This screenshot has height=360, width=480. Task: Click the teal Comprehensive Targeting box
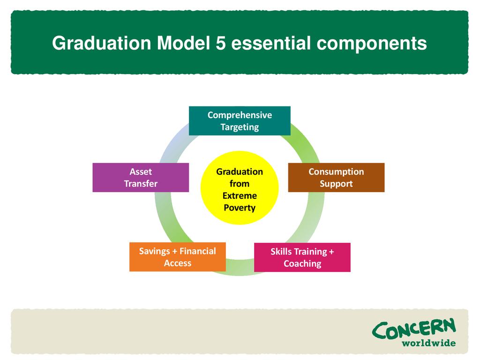click(240, 121)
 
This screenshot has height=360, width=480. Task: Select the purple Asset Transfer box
click(141, 178)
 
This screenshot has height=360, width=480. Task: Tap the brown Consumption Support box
click(336, 178)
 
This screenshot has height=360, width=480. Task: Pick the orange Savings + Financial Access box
click(178, 257)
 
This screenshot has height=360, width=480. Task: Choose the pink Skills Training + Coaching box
click(302, 257)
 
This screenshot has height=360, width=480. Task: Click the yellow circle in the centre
click(240, 187)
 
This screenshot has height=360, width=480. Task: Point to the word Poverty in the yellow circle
click(240, 208)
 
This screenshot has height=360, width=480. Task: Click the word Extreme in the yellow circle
click(240, 195)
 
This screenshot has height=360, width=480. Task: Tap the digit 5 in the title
click(221, 43)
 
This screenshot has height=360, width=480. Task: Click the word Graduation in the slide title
click(102, 43)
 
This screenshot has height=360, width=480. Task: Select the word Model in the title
click(184, 43)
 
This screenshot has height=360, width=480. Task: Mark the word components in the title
click(372, 44)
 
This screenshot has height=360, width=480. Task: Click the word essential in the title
click(271, 43)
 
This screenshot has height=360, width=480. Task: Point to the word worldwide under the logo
click(428, 343)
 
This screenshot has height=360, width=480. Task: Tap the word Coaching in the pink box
click(302, 263)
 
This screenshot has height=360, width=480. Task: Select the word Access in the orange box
click(178, 263)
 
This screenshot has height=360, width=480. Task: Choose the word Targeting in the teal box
click(240, 127)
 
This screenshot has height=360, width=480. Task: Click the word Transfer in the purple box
click(141, 184)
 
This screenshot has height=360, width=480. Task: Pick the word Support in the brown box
click(336, 184)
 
